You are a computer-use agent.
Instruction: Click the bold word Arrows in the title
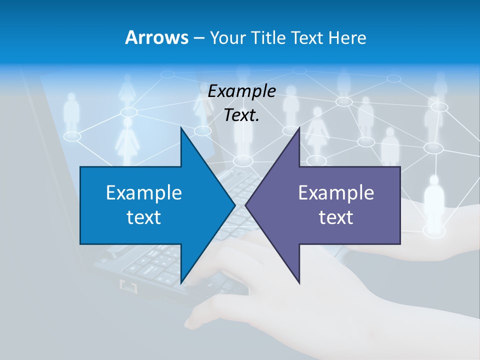click(x=156, y=38)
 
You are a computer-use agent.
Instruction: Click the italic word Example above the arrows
click(x=241, y=91)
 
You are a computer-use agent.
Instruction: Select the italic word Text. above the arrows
click(x=241, y=115)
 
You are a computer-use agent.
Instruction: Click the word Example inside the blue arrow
click(x=144, y=193)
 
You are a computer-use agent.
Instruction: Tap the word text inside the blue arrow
click(x=144, y=217)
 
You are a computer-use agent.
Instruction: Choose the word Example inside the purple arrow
click(x=336, y=193)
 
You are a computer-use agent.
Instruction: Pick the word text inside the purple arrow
click(x=336, y=217)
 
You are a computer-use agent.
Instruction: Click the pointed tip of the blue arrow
click(x=235, y=205)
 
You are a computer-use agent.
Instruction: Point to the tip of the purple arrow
click(x=245, y=205)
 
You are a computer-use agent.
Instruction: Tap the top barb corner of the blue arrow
click(x=181, y=128)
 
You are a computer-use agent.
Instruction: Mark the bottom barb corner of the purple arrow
click(x=299, y=283)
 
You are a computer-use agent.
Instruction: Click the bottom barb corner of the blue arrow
click(x=181, y=283)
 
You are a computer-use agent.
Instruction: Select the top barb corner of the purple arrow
click(x=299, y=128)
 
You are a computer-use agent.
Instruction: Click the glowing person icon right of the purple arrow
click(x=434, y=200)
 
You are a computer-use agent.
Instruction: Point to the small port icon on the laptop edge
click(x=128, y=286)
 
